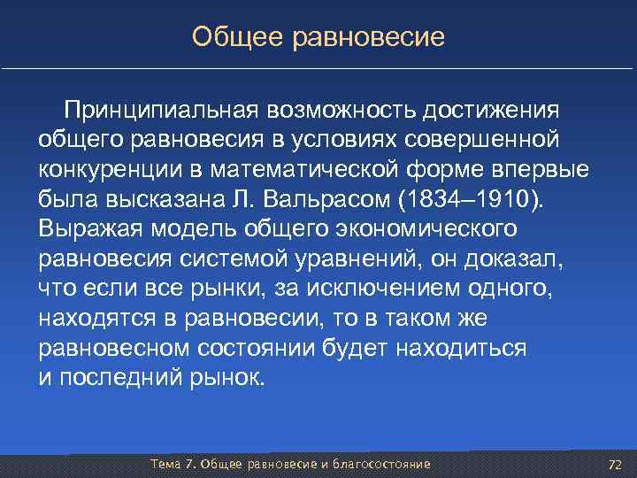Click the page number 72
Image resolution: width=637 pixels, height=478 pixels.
616,465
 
